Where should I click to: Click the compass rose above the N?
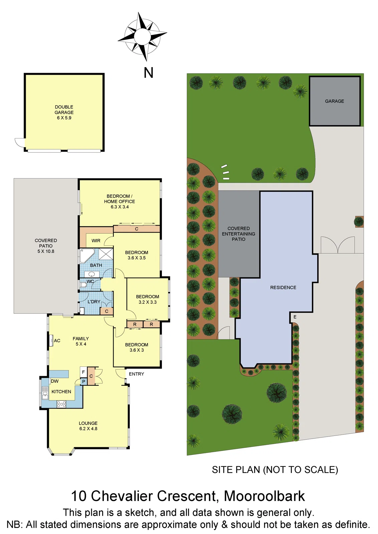[143, 36]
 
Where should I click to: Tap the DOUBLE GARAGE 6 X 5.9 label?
[64, 112]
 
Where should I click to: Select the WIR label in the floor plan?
[96, 241]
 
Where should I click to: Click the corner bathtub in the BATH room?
[86, 256]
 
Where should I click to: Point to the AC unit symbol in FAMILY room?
[51, 340]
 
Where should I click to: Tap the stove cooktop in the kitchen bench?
[61, 404]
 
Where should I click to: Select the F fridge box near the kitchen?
[83, 372]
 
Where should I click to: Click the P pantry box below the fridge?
[83, 381]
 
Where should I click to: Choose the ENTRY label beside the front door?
[136, 374]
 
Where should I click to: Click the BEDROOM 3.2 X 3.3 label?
[148, 299]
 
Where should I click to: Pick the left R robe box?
[135, 324]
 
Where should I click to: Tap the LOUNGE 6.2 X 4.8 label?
[88, 426]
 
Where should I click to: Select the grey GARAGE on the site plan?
[335, 101]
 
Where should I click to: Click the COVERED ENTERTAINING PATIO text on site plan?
[238, 234]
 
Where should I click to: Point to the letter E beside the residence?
[295, 317]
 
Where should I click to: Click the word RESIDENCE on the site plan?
[283, 287]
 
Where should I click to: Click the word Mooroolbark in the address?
[264, 496]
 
